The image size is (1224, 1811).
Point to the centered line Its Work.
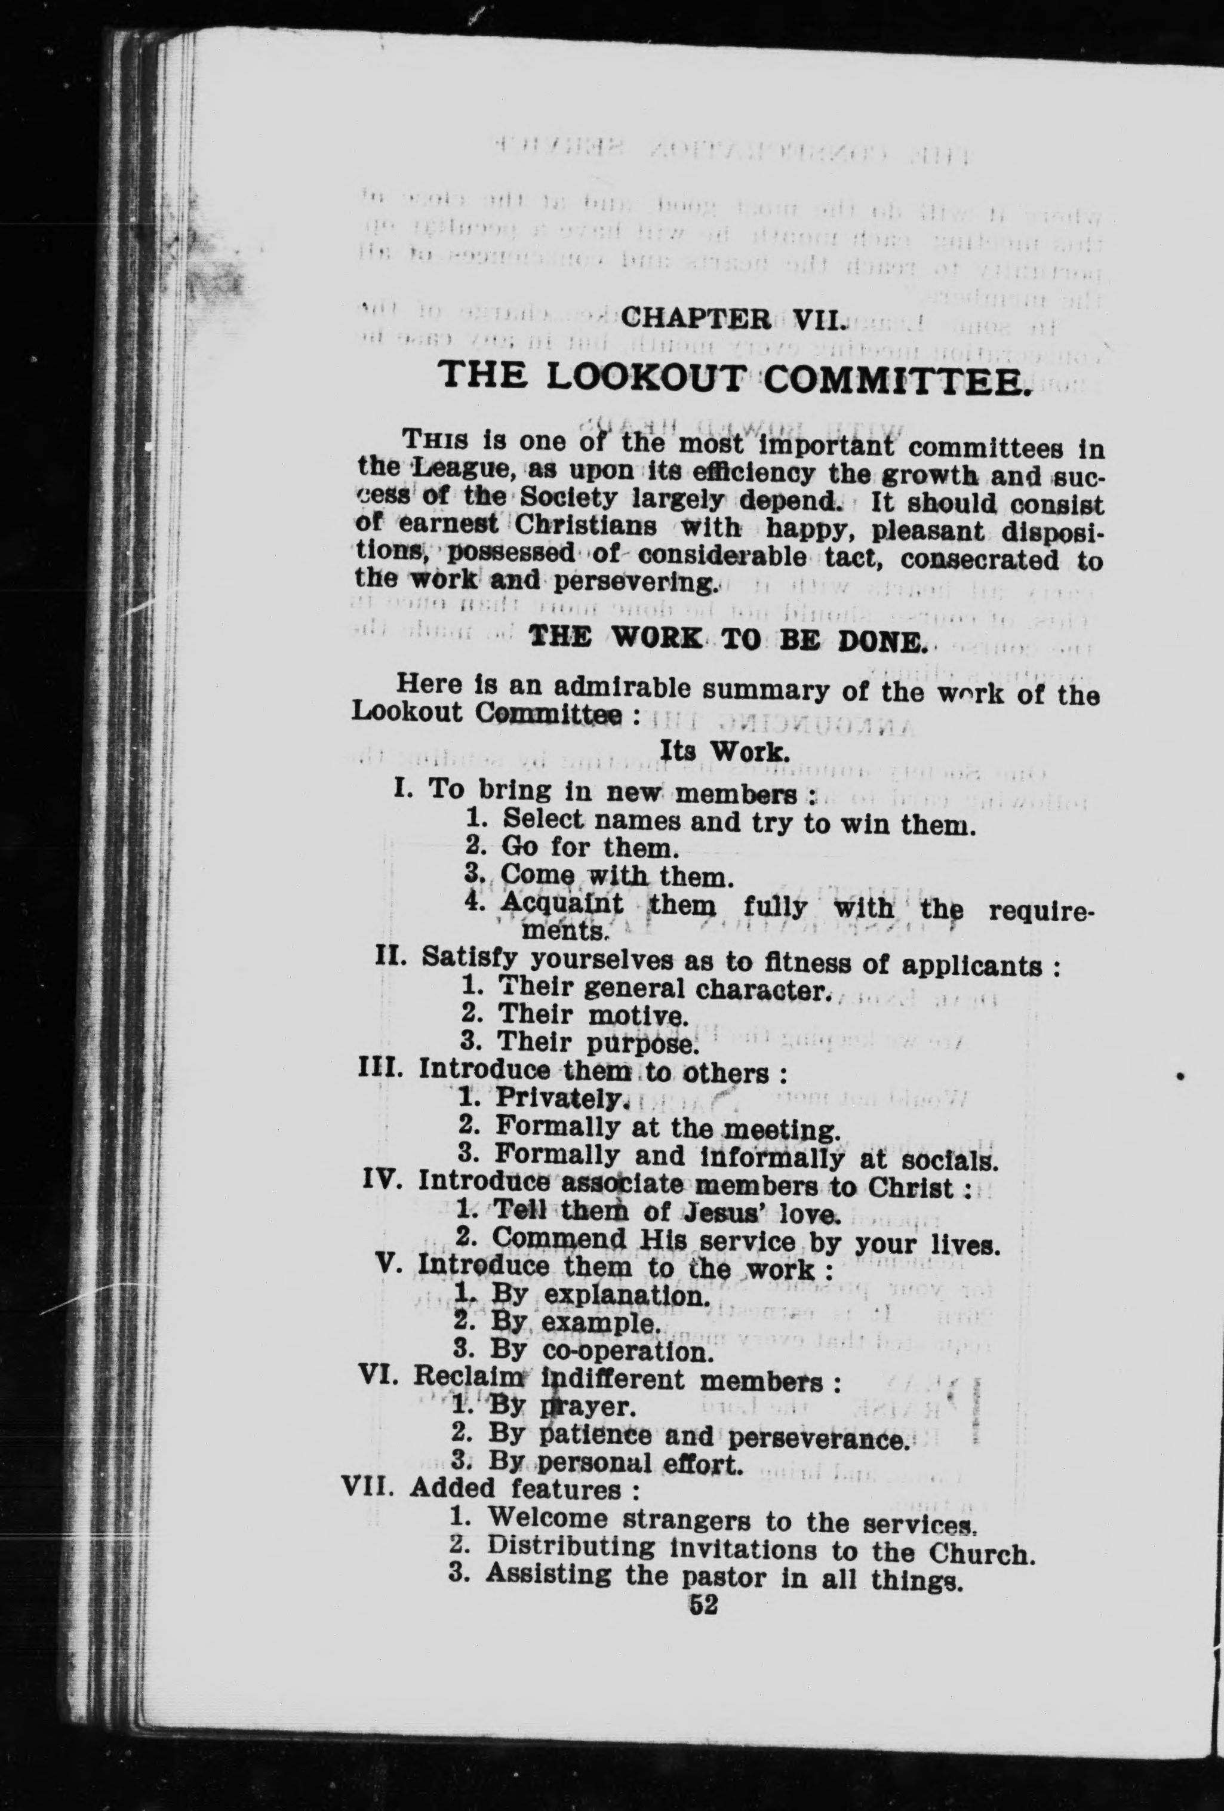click(725, 751)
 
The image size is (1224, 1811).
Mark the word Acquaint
click(562, 904)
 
